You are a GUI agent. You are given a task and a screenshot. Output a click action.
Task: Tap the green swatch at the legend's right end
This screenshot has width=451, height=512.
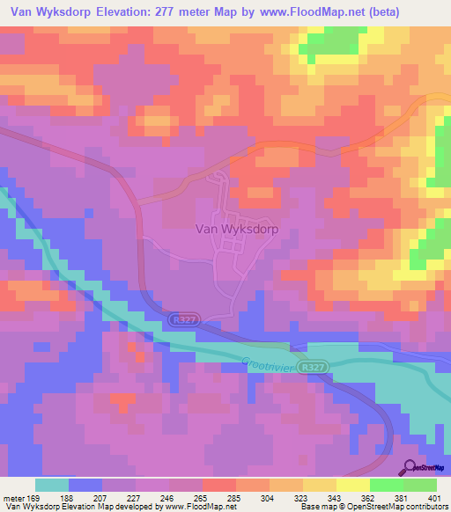coord(420,485)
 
